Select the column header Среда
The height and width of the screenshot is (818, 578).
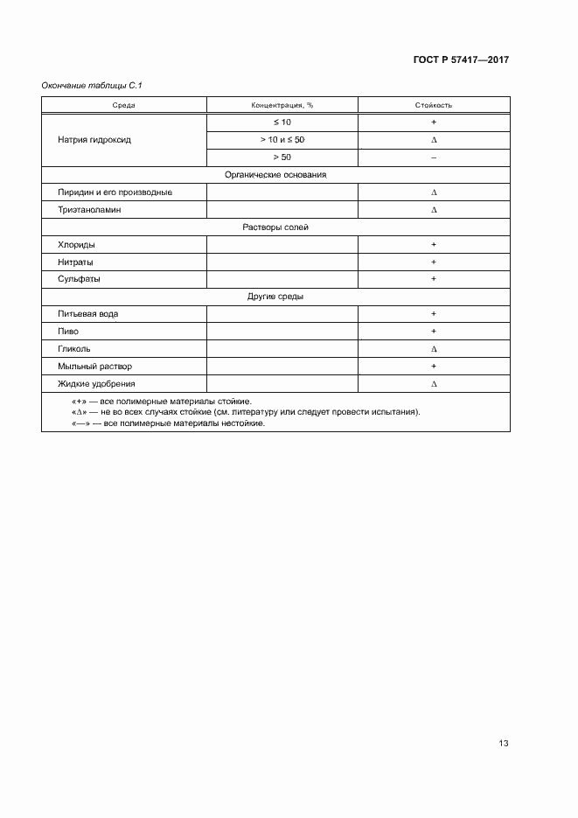point(123,105)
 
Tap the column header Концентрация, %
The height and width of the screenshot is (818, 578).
point(282,105)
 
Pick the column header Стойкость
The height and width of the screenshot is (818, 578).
point(433,105)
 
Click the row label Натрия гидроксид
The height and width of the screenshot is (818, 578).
point(94,140)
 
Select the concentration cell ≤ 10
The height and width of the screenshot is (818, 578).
point(282,122)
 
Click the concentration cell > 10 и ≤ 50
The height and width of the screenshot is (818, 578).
point(282,140)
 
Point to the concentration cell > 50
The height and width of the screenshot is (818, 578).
point(282,157)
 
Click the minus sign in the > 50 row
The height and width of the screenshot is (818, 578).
point(434,157)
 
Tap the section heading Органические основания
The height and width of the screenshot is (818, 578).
point(275,175)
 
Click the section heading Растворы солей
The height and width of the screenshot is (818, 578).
point(275,227)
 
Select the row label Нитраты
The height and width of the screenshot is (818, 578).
point(76,262)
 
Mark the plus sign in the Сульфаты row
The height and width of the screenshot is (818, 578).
point(434,279)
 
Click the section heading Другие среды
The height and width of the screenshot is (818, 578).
point(275,297)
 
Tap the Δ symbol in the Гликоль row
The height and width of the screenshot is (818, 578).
point(434,349)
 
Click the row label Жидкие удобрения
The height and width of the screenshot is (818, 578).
point(96,383)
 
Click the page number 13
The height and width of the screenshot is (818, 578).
point(503,744)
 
